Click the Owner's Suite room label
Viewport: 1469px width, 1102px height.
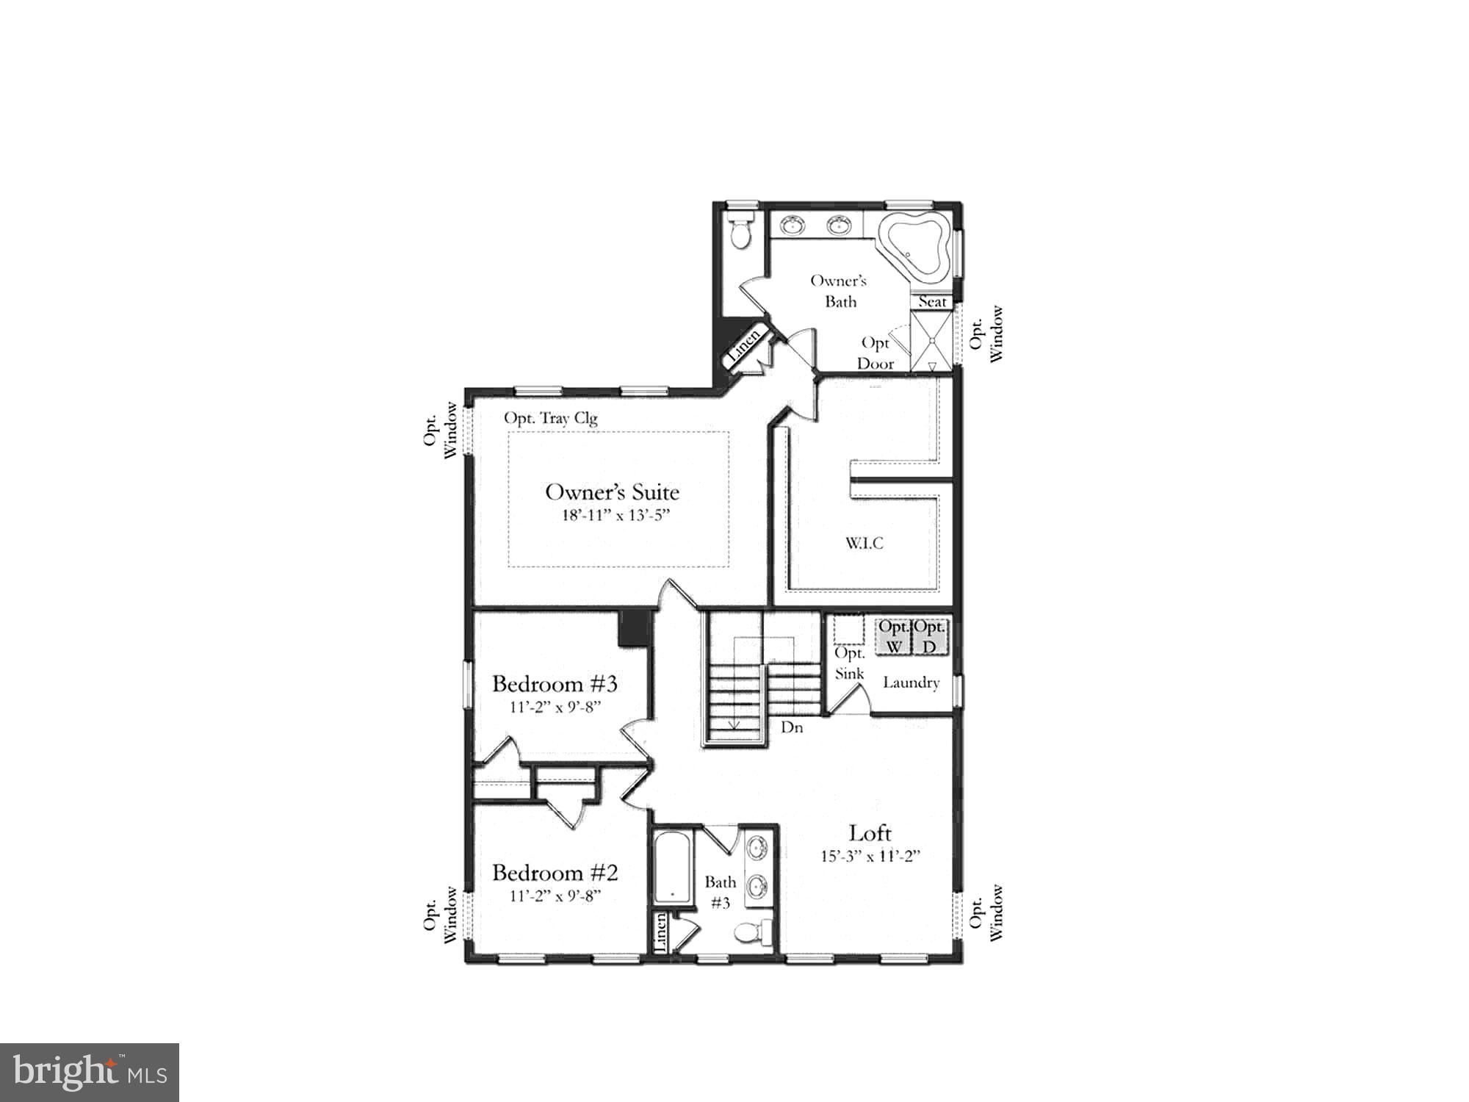coord(612,492)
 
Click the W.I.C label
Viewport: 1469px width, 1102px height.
coord(864,544)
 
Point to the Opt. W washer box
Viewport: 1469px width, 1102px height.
coord(893,637)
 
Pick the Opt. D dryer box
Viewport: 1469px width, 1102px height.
coord(930,637)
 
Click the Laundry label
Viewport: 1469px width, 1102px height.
coord(911,683)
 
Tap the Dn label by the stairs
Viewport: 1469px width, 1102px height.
coord(791,727)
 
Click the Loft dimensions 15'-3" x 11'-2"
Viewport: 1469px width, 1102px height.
coord(870,856)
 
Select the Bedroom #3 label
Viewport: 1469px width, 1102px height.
coord(555,684)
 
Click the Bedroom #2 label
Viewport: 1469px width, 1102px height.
coord(555,873)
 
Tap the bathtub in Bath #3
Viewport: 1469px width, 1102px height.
coord(672,867)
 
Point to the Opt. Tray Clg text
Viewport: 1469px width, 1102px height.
coord(550,418)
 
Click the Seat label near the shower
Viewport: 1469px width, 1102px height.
coord(932,301)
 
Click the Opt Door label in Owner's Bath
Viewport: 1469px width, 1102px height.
coord(876,353)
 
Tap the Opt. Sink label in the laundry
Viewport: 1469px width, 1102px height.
coord(850,663)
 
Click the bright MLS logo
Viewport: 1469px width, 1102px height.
coord(89,1072)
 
